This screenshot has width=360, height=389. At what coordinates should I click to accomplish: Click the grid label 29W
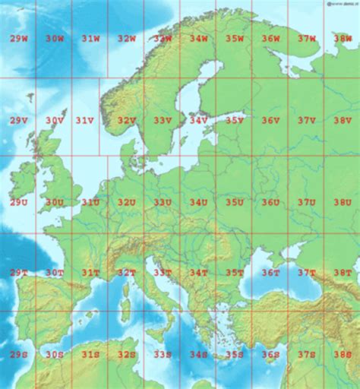18,38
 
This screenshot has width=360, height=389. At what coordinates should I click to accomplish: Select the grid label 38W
343,38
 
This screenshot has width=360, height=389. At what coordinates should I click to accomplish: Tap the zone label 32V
126,120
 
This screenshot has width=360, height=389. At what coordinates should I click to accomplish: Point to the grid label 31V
84,120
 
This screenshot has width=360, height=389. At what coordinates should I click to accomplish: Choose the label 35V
234,120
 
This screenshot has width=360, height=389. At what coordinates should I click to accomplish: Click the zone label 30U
54,202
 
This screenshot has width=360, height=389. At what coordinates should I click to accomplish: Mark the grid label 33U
163,202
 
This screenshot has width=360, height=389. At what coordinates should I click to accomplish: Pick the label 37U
307,202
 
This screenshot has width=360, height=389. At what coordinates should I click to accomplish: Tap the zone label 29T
18,272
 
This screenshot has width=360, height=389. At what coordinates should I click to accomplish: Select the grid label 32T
126,272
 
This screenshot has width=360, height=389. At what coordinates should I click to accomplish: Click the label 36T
270,272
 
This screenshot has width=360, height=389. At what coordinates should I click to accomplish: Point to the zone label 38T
343,272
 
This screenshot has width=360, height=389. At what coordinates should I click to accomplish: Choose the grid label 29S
18,354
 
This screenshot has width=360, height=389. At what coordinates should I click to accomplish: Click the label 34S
198,354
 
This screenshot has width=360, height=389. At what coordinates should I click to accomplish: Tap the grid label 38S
343,354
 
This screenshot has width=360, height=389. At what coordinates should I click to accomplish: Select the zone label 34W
198,38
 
